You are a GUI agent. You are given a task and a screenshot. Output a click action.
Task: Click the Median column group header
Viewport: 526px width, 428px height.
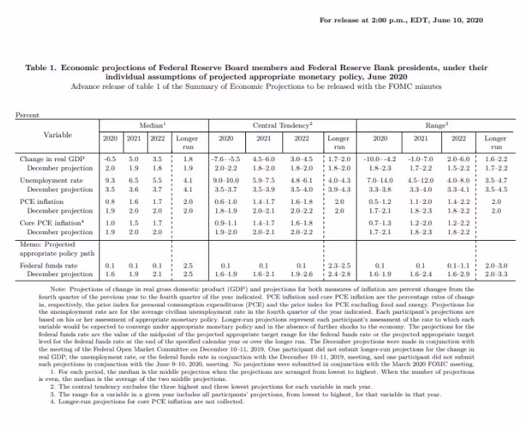[150, 126]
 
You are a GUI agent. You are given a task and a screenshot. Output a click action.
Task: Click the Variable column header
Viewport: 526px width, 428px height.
[57, 134]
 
